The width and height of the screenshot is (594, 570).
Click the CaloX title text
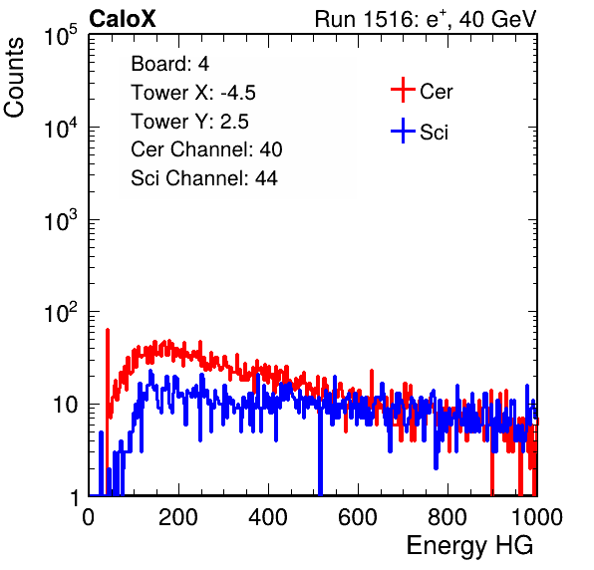(x=122, y=19)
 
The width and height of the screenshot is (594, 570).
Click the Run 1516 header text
(x=426, y=19)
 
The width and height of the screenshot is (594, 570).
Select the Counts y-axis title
(x=14, y=78)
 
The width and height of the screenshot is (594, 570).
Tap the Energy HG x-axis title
(x=469, y=545)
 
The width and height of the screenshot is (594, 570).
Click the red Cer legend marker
(x=403, y=90)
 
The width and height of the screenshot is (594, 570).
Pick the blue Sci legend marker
(x=403, y=132)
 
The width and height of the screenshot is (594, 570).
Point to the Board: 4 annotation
(x=169, y=64)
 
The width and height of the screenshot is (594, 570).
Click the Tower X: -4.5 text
(x=193, y=93)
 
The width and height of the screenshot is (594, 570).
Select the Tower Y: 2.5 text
(x=189, y=122)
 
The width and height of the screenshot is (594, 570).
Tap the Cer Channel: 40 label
(x=206, y=149)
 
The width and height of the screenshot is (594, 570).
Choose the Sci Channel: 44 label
(x=204, y=178)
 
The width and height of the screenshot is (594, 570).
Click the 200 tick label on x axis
(x=178, y=517)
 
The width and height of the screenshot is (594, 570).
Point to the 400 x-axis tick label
(x=268, y=517)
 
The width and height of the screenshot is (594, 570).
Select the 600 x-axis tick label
(x=358, y=517)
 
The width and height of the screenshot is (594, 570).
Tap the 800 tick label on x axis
(x=447, y=517)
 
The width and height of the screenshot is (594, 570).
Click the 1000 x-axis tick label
(x=537, y=517)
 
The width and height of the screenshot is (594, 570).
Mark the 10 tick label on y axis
(x=66, y=406)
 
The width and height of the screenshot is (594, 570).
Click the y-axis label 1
(x=75, y=497)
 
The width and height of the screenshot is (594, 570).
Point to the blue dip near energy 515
(x=320, y=446)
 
